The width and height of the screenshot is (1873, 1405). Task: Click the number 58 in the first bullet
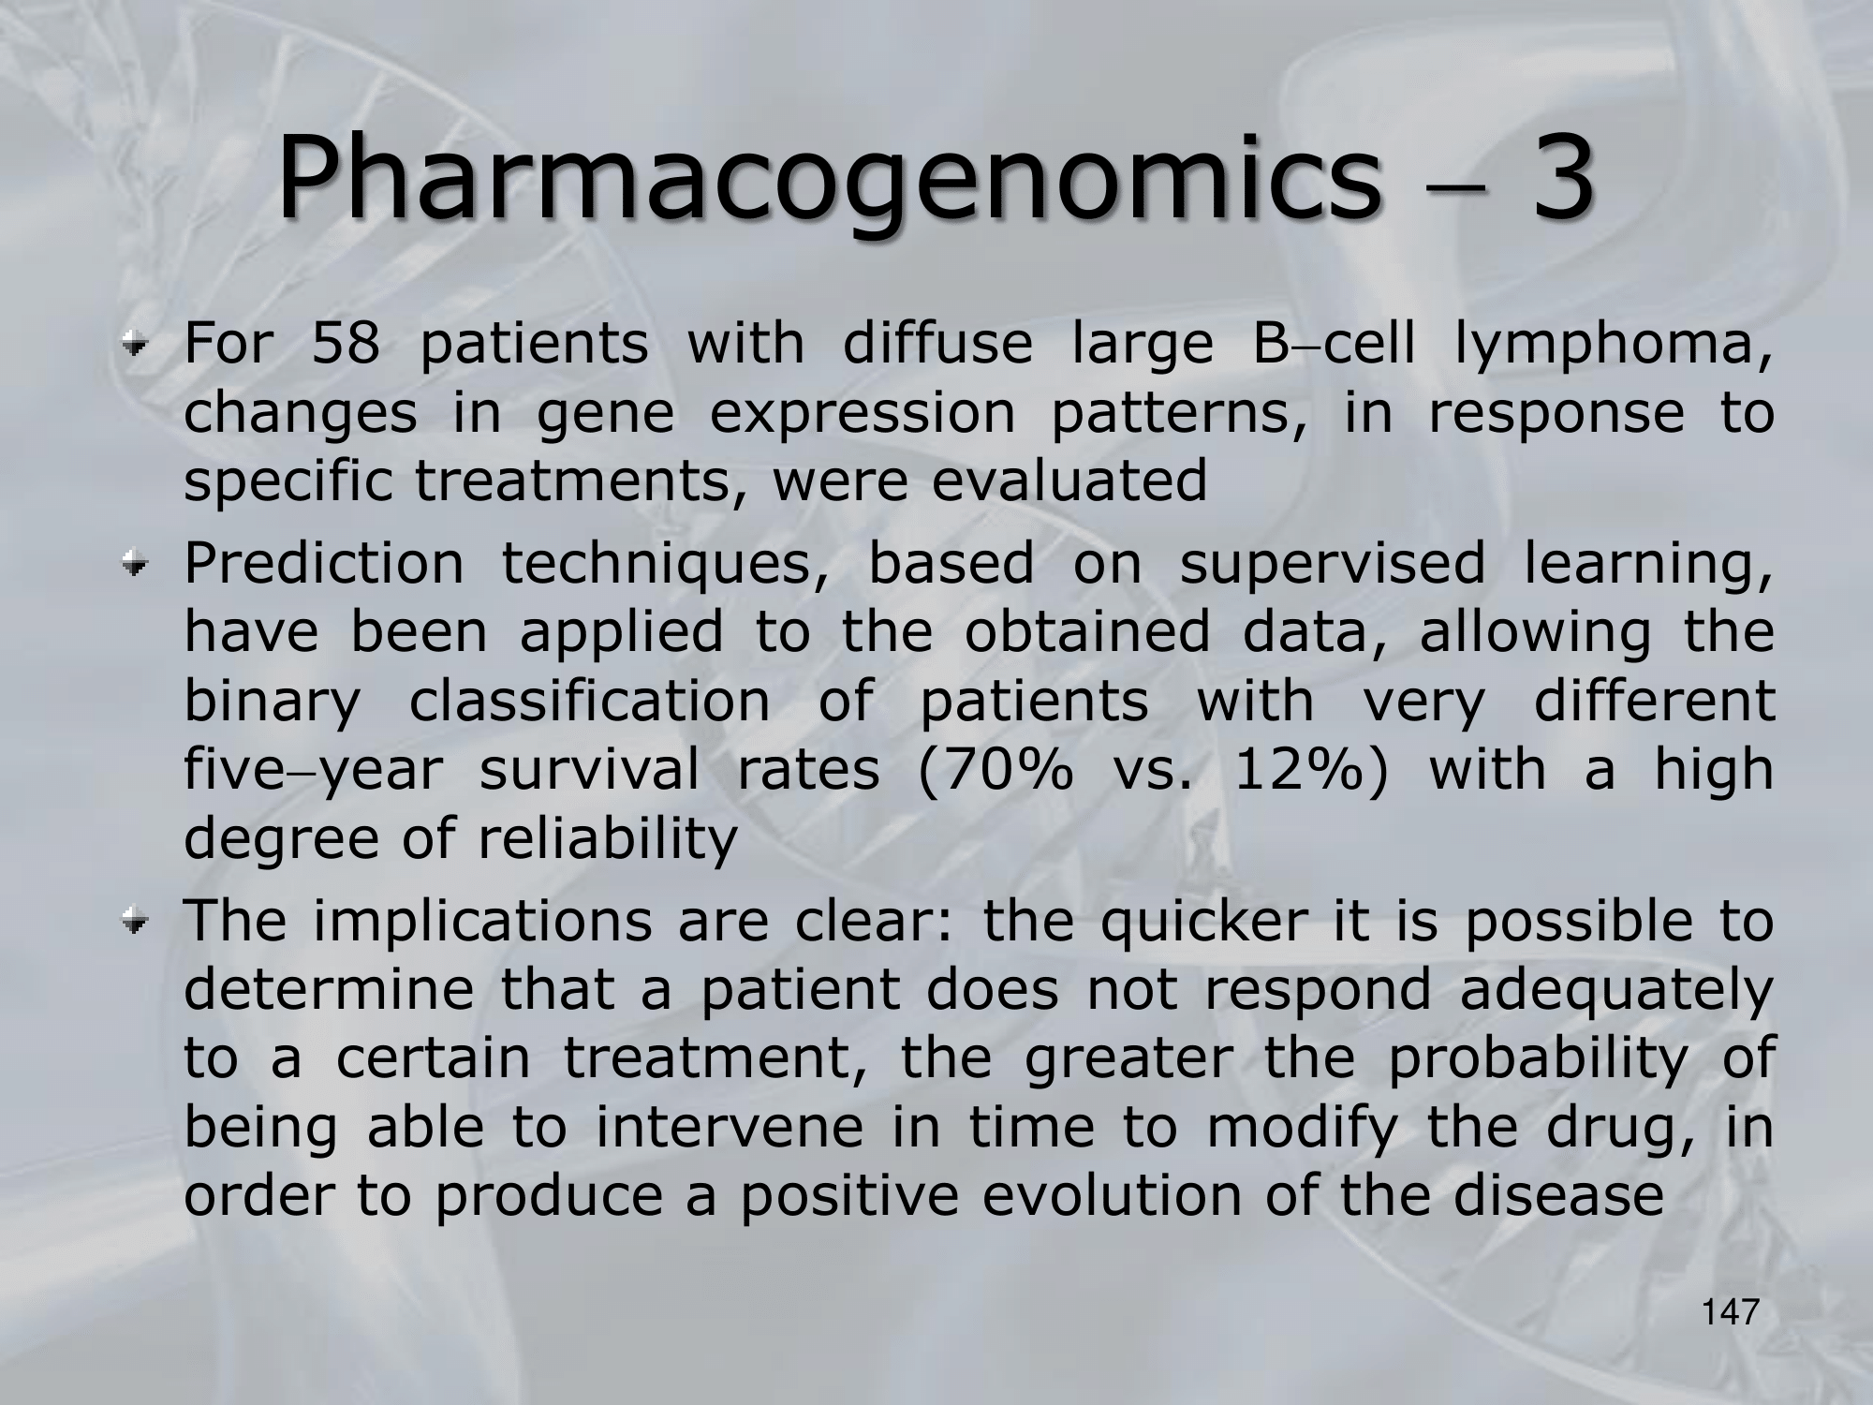click(346, 344)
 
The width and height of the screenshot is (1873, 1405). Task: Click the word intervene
click(729, 1127)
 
